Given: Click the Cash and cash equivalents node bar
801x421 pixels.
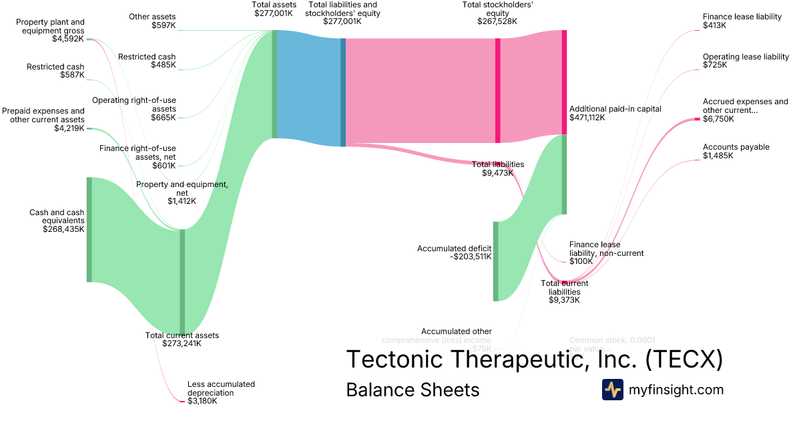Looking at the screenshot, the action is tap(89, 229).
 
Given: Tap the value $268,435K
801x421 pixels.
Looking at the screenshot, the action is tap(64, 229).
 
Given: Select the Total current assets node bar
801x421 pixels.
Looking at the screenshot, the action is tap(182, 281).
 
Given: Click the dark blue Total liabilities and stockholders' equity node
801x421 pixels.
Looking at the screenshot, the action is tap(343, 92).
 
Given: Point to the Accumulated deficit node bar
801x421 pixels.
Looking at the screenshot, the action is tap(495, 261).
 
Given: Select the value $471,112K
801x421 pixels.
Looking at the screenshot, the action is tap(587, 118).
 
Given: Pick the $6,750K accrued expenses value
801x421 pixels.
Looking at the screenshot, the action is tap(718, 119).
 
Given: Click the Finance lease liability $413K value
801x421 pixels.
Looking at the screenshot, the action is tap(714, 25).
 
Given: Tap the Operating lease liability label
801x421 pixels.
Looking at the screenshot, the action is tap(746, 57).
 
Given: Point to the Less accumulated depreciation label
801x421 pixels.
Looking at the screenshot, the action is tap(221, 388).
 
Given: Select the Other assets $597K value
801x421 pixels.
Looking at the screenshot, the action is tap(164, 25).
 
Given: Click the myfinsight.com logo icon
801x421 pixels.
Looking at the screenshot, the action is tap(612, 390).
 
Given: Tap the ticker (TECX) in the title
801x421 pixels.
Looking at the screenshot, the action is tap(684, 360).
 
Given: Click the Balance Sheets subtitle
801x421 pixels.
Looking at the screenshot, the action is tap(413, 390).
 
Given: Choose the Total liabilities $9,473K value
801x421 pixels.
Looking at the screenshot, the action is tap(497, 173).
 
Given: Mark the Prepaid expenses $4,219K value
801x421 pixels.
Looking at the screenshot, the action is tap(69, 128).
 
